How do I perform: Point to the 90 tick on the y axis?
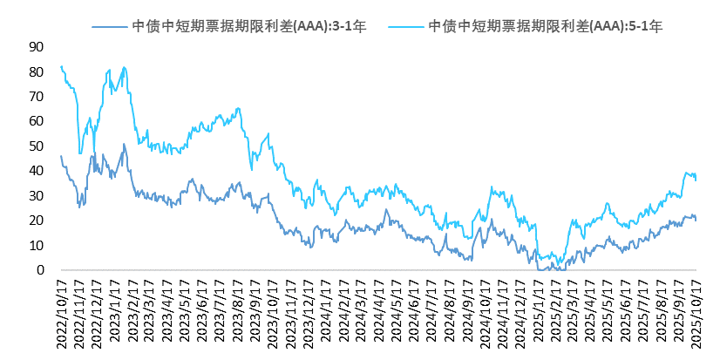(37, 47)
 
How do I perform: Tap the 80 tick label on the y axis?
(37, 71)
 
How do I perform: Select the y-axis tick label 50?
(37, 146)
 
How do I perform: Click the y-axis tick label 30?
(37, 196)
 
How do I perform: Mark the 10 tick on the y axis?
(37, 246)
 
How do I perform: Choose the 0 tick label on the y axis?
(40, 270)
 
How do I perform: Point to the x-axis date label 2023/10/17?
(274, 314)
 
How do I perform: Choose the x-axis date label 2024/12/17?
(521, 314)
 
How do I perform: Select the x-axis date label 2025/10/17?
(697, 314)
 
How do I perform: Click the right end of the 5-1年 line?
(696, 180)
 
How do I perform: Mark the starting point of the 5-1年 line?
(61, 66)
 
